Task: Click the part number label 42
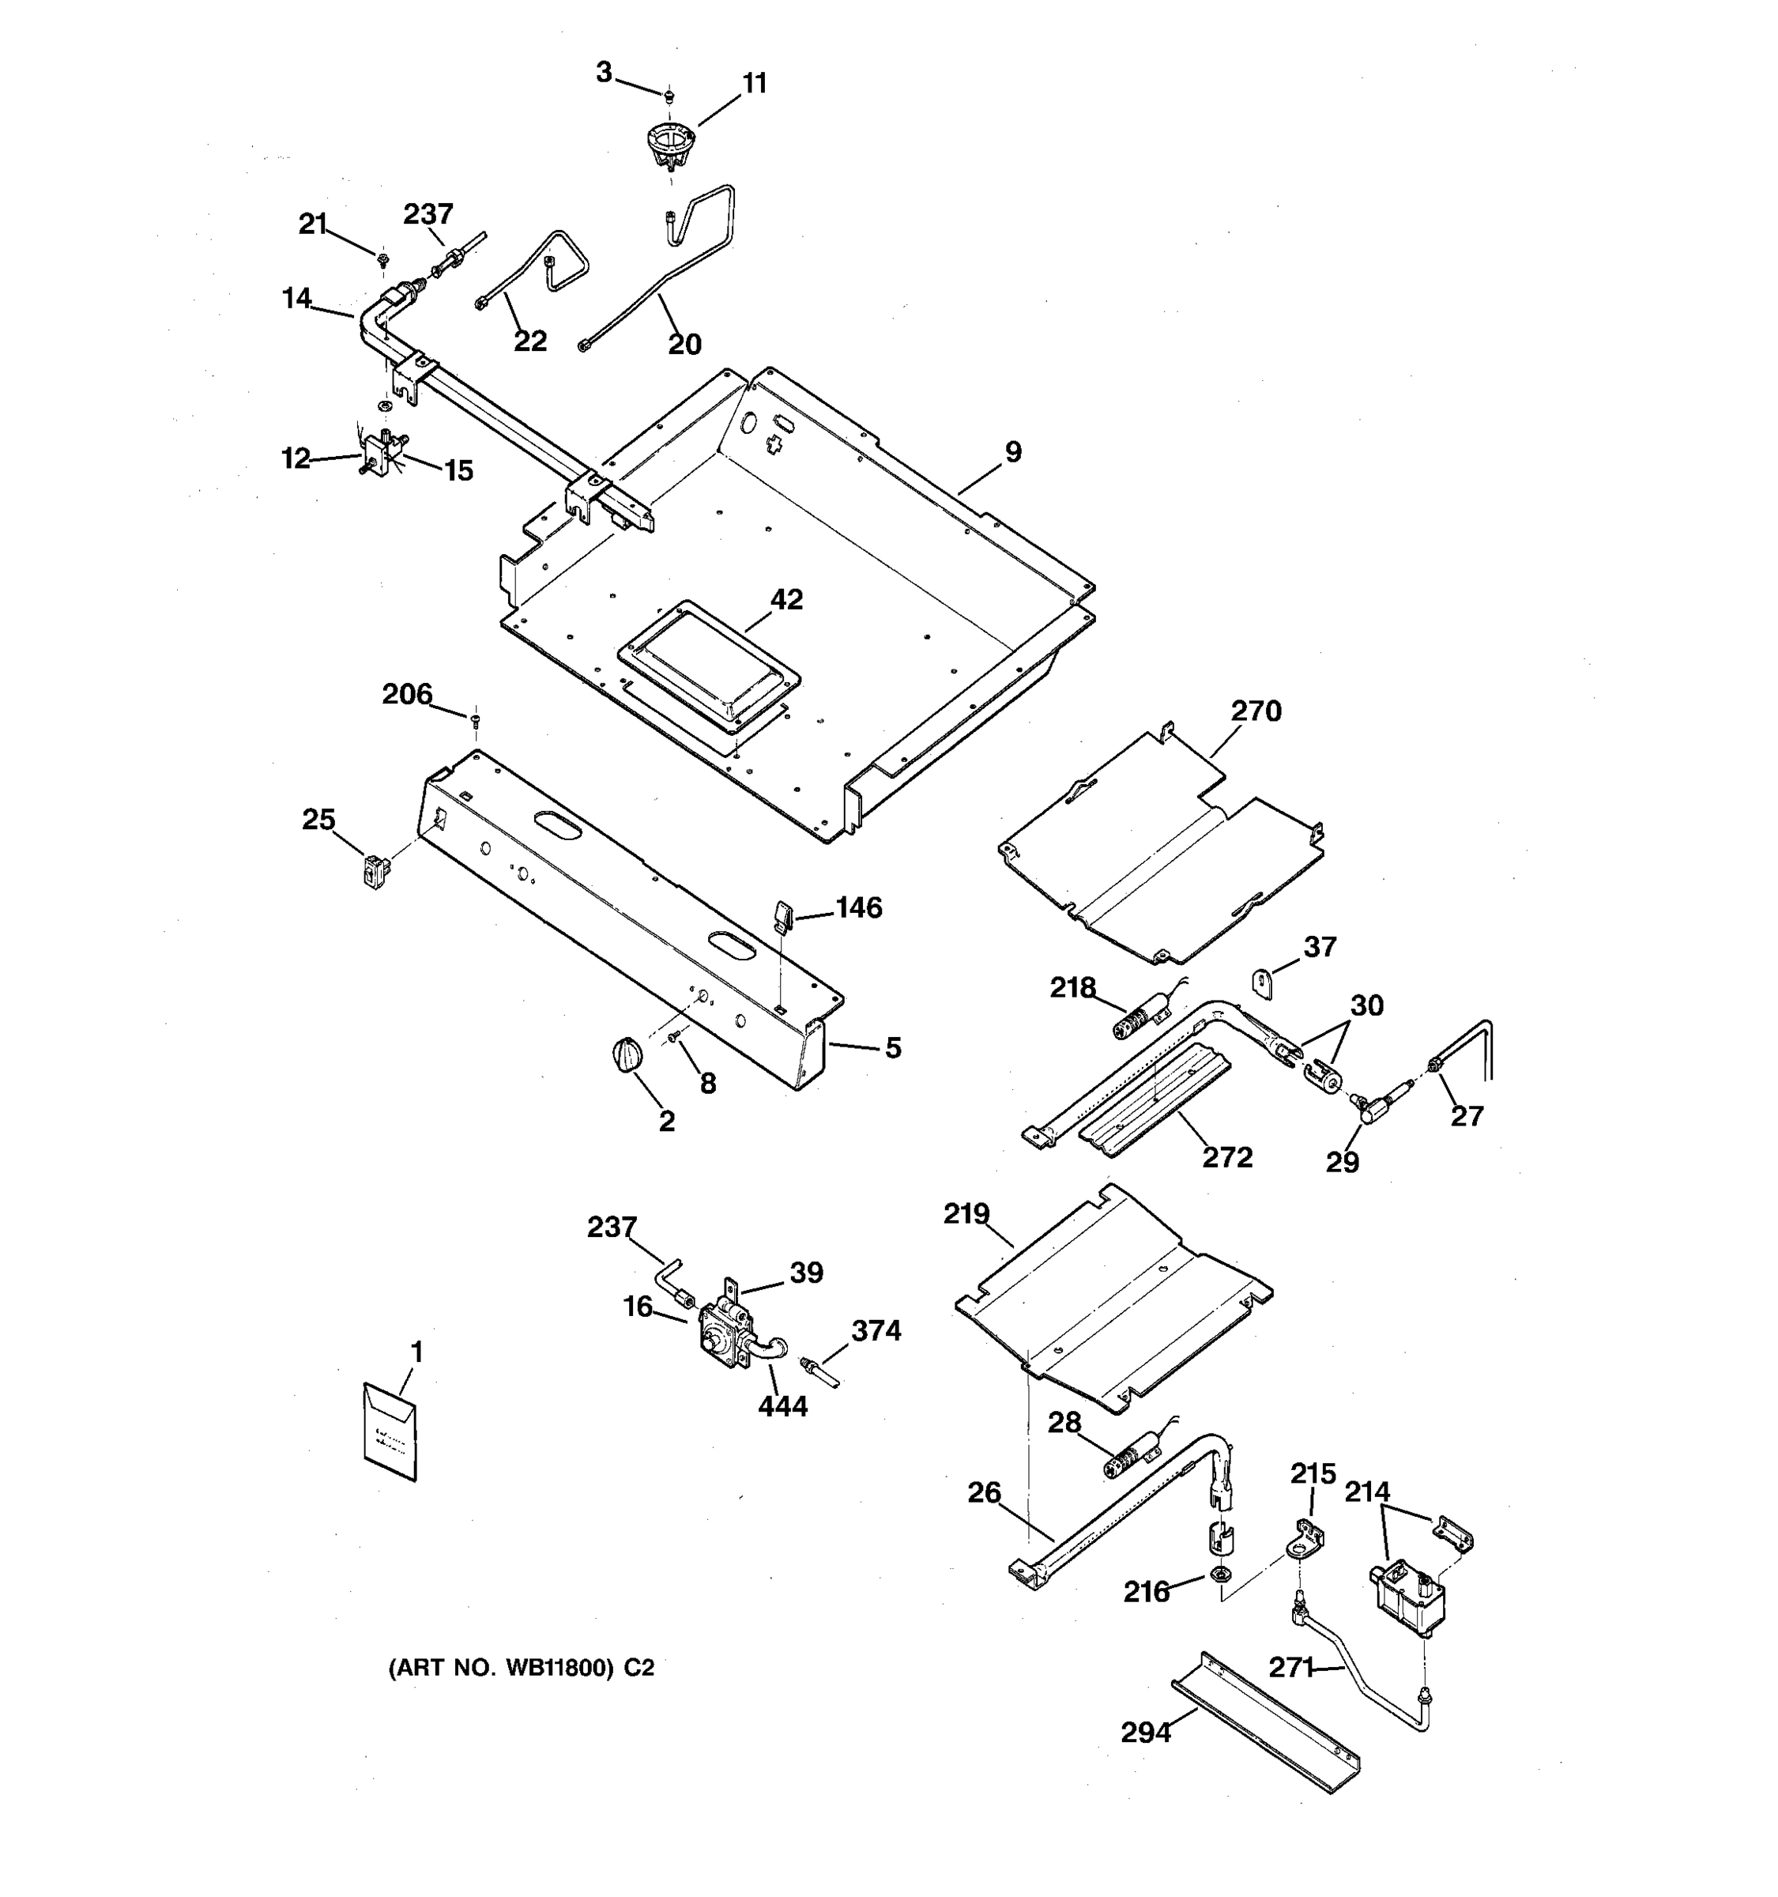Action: click(786, 599)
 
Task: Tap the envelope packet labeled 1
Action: click(390, 1431)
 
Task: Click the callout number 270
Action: click(1256, 711)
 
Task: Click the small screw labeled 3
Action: click(669, 95)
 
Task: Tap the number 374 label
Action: click(876, 1329)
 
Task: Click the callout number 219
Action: click(966, 1214)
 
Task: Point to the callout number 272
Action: click(1226, 1156)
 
